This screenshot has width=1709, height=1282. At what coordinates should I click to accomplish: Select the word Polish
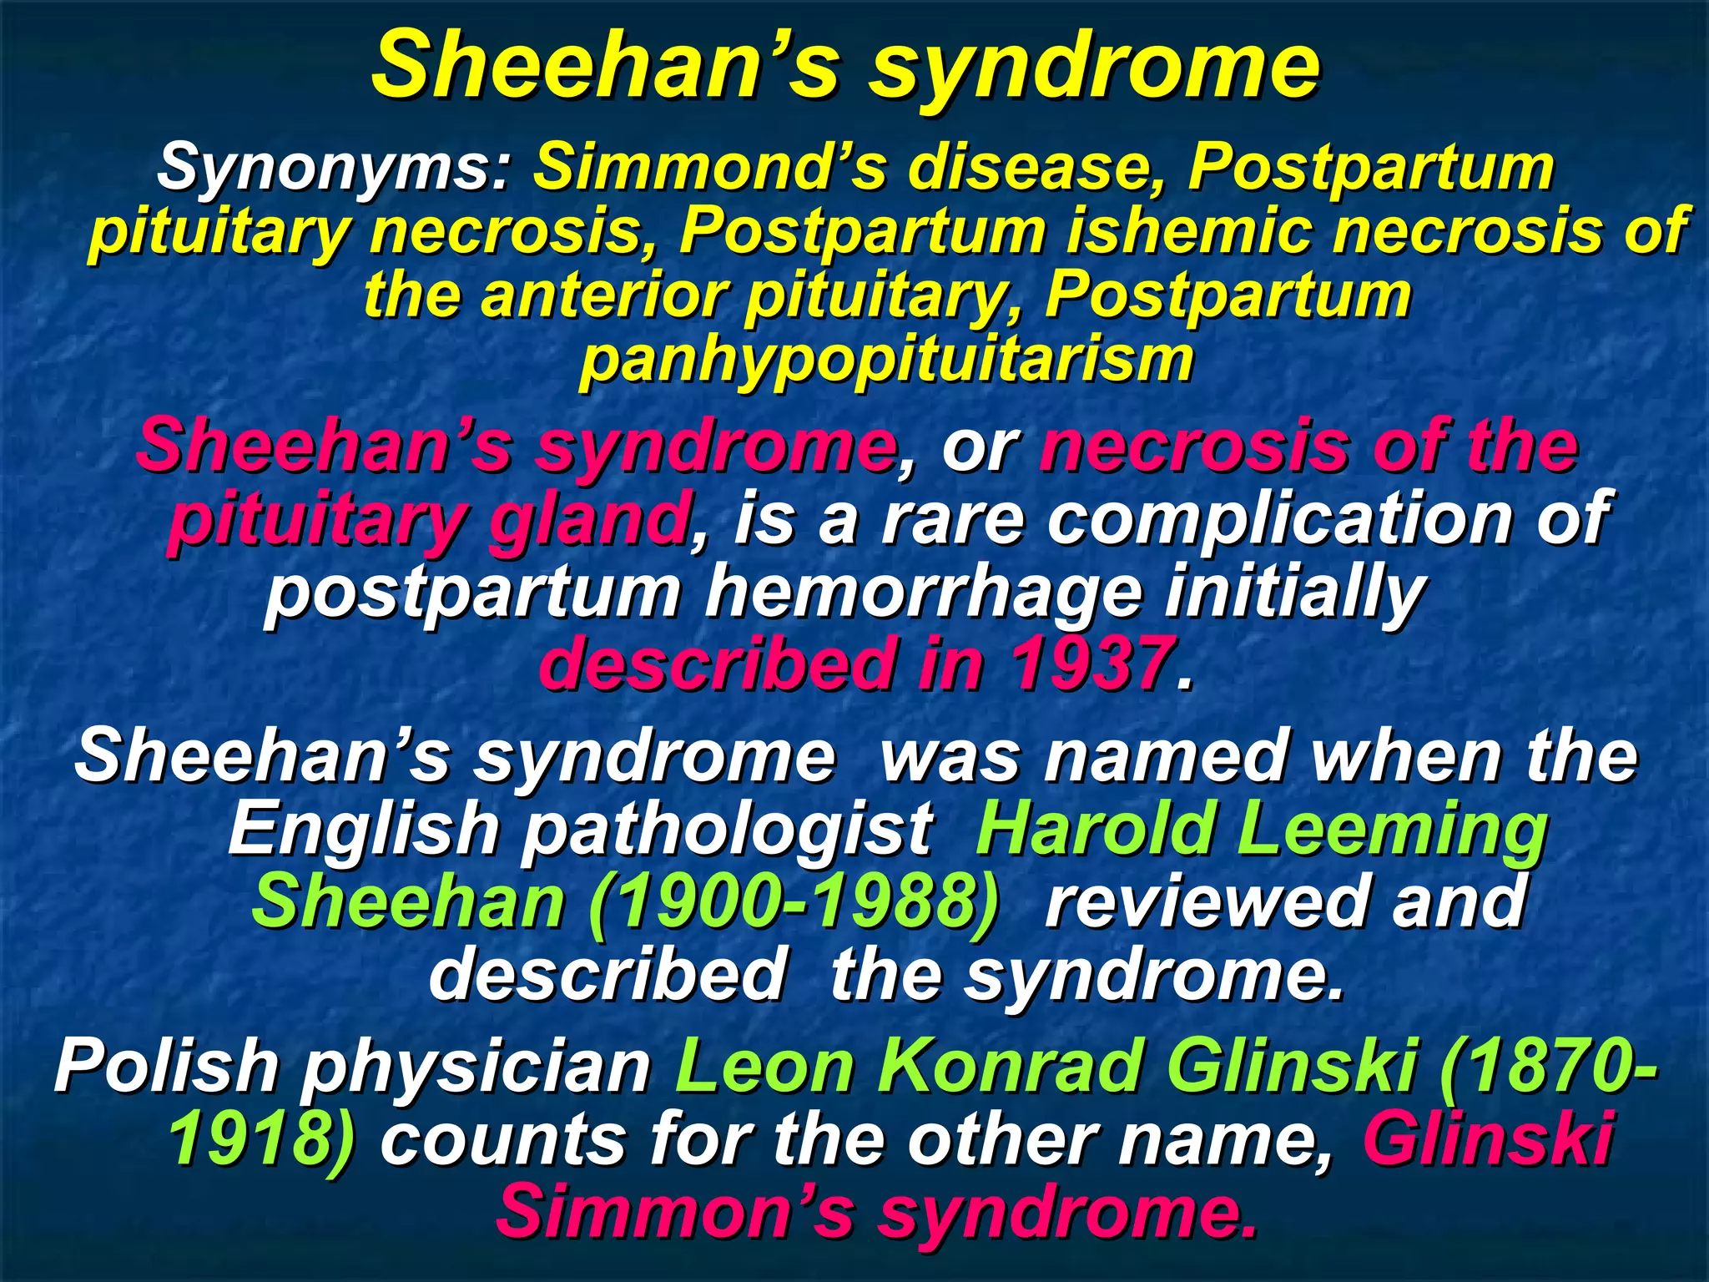tap(167, 1066)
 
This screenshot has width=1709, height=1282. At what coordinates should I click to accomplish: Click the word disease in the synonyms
tap(1034, 168)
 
